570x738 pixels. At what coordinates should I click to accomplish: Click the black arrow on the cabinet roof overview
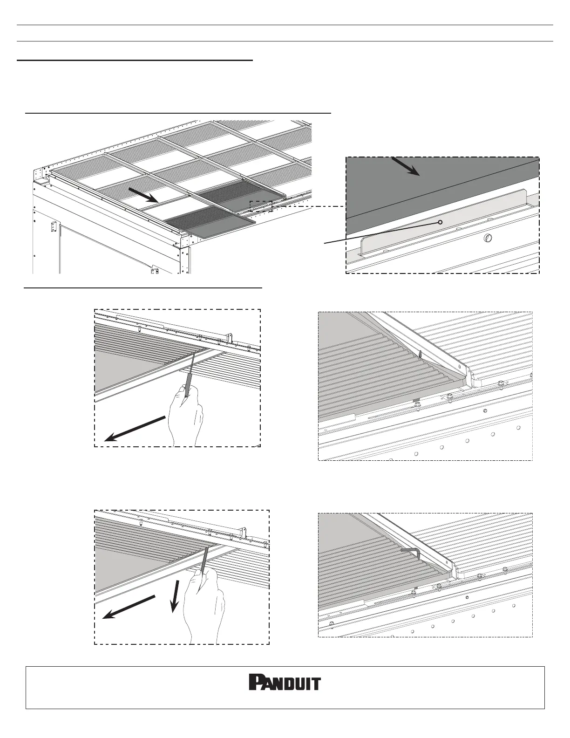[143, 195]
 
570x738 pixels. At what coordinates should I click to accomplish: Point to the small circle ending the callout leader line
[441, 222]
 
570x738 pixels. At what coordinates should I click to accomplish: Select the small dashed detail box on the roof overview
[261, 206]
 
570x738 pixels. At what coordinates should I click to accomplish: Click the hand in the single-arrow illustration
[186, 418]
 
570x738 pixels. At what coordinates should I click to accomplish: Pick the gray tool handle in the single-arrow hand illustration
[186, 390]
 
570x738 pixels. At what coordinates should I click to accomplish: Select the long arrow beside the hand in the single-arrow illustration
[135, 429]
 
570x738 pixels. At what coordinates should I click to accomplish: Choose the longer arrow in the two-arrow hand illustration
[129, 607]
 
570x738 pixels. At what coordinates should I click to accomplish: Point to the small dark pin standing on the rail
[421, 355]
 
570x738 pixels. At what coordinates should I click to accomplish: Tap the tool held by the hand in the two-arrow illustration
[204, 561]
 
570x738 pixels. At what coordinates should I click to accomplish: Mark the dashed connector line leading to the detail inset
[309, 206]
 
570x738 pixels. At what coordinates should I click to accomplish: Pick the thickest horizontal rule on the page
[135, 61]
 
